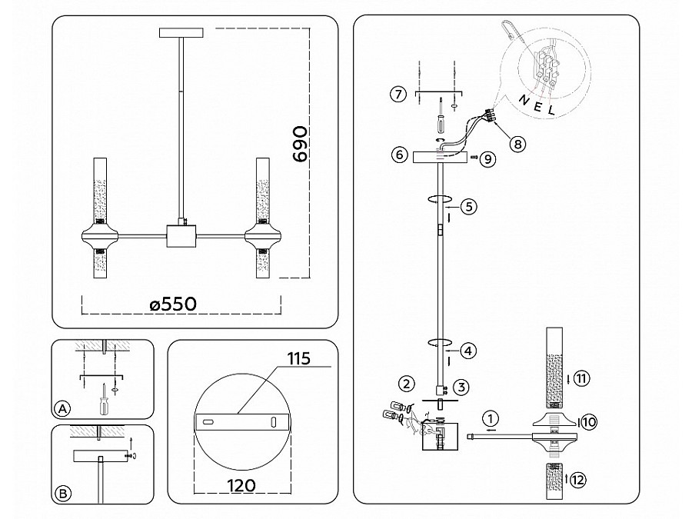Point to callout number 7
click(397, 95)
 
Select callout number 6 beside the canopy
click(398, 155)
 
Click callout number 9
click(490, 158)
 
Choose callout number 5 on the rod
click(471, 206)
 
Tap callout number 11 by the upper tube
click(581, 378)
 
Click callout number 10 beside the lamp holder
click(588, 421)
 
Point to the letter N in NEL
click(523, 99)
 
